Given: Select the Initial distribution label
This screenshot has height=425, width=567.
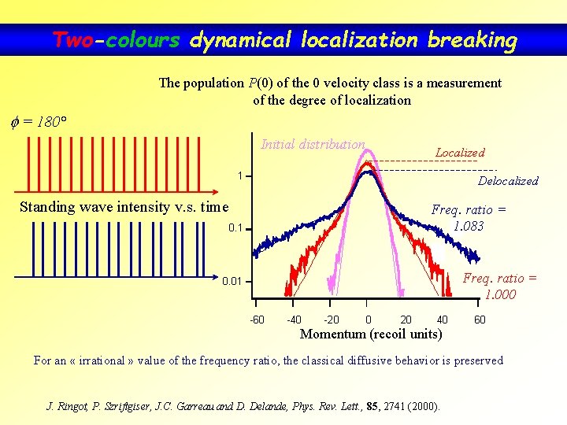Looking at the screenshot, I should click(313, 144).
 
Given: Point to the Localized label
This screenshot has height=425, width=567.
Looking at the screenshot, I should click(460, 153).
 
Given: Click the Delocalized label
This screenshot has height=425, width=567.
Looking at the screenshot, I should click(508, 181).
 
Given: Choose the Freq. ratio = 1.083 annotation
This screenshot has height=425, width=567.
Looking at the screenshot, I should click(469, 218).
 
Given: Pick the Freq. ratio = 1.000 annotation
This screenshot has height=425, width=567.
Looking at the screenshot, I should click(500, 286).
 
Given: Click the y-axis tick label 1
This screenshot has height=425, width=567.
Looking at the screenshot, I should click(241, 176).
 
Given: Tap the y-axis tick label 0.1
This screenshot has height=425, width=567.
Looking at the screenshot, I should click(235, 229).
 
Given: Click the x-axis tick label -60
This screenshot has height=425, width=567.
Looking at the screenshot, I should click(257, 320).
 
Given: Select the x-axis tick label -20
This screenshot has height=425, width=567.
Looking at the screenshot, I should click(332, 320).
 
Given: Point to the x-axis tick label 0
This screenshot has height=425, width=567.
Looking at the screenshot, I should click(369, 320).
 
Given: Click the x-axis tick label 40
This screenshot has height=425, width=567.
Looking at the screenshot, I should click(442, 320).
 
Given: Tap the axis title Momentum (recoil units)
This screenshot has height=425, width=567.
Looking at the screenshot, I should click(371, 334).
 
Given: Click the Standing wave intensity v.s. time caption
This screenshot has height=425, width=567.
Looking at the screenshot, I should click(124, 207).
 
